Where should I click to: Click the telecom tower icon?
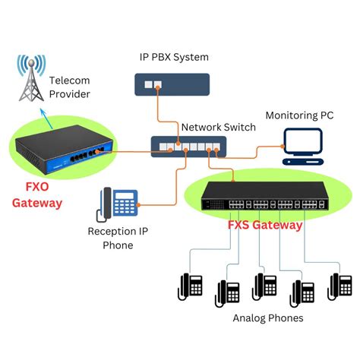click(x=31, y=78)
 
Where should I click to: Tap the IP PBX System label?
click(x=174, y=57)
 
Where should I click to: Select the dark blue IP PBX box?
click(x=172, y=84)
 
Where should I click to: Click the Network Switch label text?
click(x=219, y=127)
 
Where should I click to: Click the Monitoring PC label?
click(x=299, y=115)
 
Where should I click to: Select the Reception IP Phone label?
click(x=118, y=238)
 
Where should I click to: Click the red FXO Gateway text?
click(x=37, y=195)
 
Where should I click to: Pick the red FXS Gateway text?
click(x=265, y=225)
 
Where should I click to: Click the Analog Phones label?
click(x=268, y=318)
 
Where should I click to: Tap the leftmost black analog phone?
click(x=190, y=286)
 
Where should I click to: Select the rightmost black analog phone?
click(x=339, y=286)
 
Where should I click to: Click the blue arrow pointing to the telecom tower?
click(x=46, y=119)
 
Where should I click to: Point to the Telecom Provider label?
click(x=70, y=87)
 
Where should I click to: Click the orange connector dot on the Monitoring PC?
click(x=283, y=146)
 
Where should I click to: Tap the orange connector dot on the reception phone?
click(x=138, y=205)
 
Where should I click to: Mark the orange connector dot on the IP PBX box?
click(x=157, y=87)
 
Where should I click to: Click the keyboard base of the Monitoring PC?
click(x=303, y=162)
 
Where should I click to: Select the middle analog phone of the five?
click(x=264, y=286)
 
